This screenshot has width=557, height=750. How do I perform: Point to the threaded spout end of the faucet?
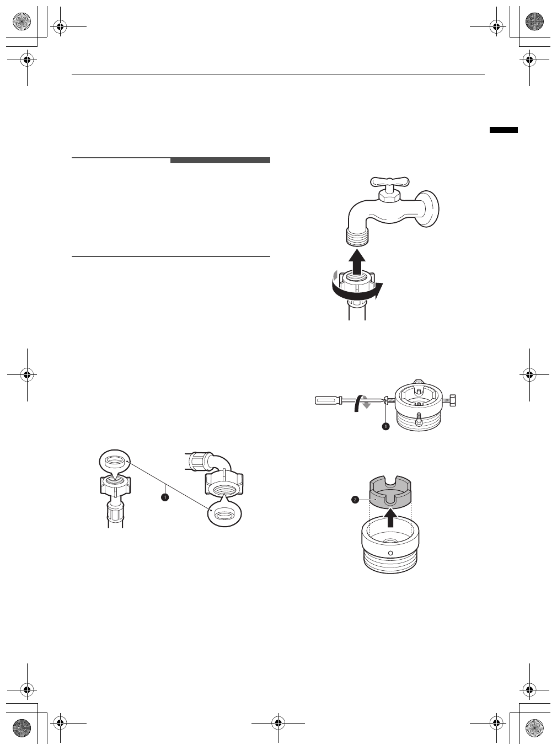357,236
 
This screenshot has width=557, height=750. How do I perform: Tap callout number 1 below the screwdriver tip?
385,426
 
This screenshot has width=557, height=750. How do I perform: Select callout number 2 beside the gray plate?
355,500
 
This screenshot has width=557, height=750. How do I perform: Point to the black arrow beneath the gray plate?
391,518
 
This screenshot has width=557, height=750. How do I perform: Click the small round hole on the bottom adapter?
390,553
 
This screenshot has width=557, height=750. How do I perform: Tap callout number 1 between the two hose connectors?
164,497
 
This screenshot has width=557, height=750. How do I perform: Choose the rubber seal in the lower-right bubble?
223,515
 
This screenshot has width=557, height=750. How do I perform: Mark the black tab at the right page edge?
504,130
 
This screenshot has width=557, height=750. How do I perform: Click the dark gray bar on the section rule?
220,160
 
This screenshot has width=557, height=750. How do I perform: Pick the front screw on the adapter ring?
419,421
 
